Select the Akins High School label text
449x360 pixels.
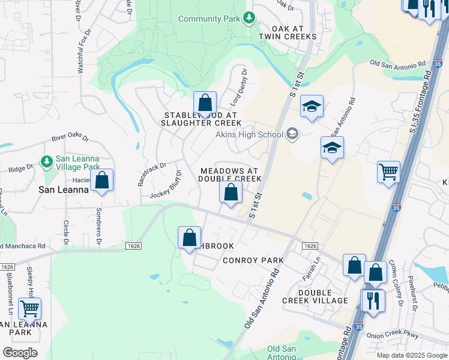(x=249, y=134)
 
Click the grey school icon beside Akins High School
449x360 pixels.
(x=292, y=133)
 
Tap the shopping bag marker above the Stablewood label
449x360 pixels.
(x=205, y=103)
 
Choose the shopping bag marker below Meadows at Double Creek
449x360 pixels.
(x=231, y=193)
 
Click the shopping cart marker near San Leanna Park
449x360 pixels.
(x=29, y=309)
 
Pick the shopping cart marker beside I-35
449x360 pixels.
(x=388, y=172)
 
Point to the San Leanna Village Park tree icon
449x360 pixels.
(x=46, y=161)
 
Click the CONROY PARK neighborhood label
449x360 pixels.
(x=253, y=260)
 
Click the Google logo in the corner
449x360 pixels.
(x=20, y=352)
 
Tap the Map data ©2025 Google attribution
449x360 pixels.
(x=411, y=355)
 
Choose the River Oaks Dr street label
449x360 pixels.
(x=70, y=139)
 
